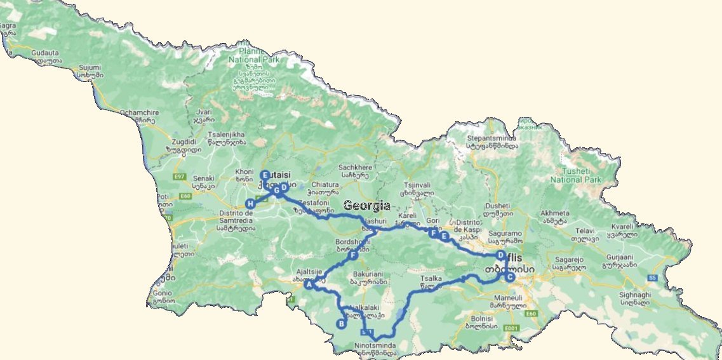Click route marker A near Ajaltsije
(x=309, y=285)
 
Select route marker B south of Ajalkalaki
(x=341, y=324)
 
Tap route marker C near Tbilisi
(x=510, y=276)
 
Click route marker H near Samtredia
(x=250, y=204)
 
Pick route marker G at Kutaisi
(x=276, y=190)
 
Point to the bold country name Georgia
(x=367, y=206)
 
